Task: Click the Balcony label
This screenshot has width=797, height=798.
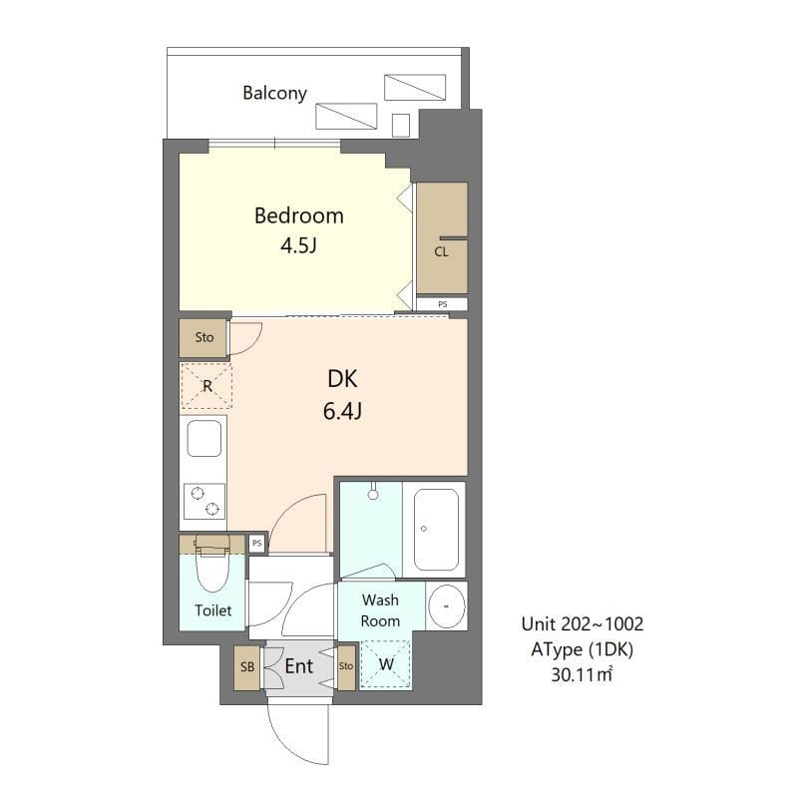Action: click(274, 94)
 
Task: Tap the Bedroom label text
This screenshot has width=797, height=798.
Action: click(298, 215)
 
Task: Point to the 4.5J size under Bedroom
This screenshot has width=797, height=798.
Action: click(298, 244)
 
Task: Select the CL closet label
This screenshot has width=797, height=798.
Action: click(441, 252)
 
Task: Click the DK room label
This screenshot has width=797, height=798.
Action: click(342, 379)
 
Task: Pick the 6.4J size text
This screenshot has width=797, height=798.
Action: click(342, 410)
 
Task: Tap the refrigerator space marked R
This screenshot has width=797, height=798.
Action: click(205, 386)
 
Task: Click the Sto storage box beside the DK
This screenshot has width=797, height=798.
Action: click(204, 338)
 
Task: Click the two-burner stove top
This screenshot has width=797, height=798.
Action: click(204, 501)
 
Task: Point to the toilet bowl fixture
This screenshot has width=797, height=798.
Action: click(211, 569)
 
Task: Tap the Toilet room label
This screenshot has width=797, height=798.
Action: click(212, 610)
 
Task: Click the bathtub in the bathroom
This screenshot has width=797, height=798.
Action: click(436, 528)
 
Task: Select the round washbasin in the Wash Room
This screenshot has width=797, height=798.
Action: click(447, 605)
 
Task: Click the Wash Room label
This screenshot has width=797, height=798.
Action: click(380, 610)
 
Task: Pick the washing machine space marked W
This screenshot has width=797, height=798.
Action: click(384, 664)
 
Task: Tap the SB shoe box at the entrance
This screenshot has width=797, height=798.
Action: click(246, 667)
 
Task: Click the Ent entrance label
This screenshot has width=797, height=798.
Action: click(299, 666)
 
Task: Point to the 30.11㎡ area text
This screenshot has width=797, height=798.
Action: click(583, 674)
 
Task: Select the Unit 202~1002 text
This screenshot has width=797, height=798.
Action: click(583, 624)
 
